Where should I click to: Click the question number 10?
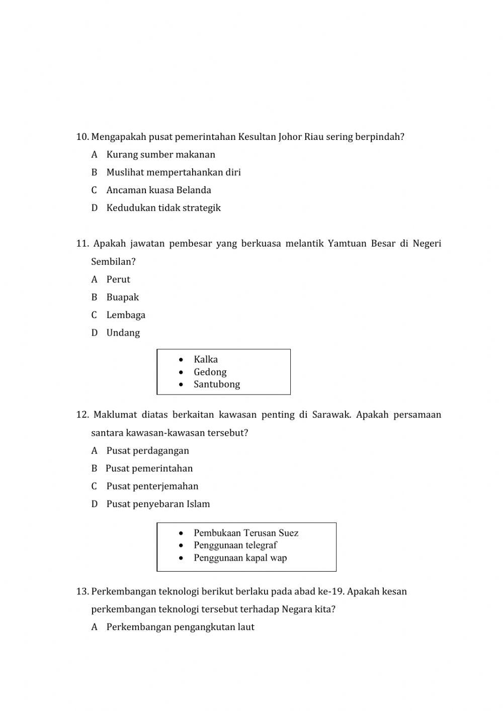click(82, 137)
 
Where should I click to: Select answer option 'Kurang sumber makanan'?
click(160, 154)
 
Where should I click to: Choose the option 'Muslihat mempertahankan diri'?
click(173, 172)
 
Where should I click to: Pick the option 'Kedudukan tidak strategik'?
click(163, 208)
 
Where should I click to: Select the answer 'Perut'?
click(118, 279)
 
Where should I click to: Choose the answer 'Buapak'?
click(122, 297)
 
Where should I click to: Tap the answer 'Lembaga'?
click(126, 315)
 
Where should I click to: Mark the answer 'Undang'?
click(123, 333)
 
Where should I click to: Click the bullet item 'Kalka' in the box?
click(206, 359)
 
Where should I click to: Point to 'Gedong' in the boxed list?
click(210, 372)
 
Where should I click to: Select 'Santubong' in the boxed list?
click(217, 384)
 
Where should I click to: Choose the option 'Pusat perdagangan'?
click(147, 451)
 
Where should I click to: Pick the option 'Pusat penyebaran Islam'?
click(158, 504)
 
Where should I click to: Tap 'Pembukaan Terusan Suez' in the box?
click(246, 533)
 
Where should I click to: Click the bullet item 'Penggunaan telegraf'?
click(235, 545)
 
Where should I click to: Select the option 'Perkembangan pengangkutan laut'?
click(180, 627)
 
